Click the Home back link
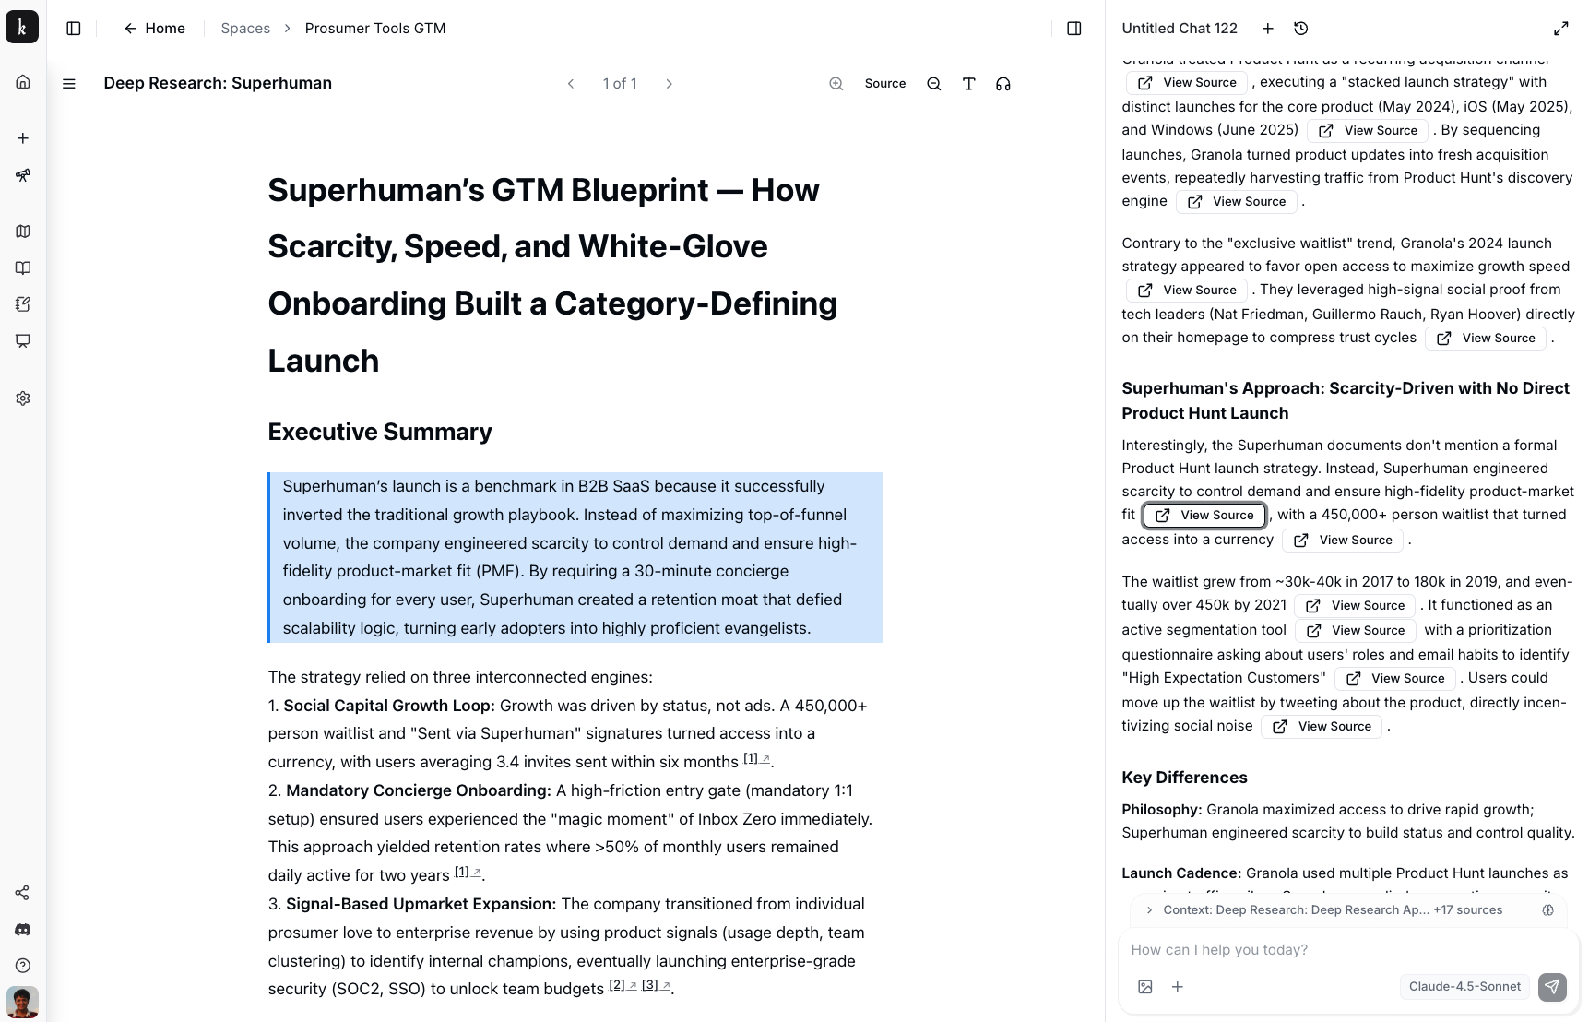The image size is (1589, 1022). point(155,29)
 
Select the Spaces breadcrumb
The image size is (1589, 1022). point(245,29)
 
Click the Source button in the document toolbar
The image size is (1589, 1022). point(884,84)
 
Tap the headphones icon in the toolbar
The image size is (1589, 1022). point(1003,84)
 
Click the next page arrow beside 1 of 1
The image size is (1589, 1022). point(670,84)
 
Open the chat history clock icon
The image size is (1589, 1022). point(1300,29)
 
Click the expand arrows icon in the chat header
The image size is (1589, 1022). point(1560,29)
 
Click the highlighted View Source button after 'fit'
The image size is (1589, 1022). point(1204,515)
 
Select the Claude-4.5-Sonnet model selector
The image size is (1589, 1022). point(1464,986)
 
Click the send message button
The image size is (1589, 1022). point(1552,987)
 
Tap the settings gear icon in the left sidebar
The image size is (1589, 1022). point(23,398)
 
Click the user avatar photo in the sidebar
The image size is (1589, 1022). point(23,1002)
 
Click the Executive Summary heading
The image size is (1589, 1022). point(380,432)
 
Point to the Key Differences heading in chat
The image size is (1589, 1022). point(1184,778)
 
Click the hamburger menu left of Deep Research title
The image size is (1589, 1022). point(69,84)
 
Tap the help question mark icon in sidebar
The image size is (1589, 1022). point(23,966)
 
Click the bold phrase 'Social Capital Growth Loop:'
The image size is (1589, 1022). point(389,706)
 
